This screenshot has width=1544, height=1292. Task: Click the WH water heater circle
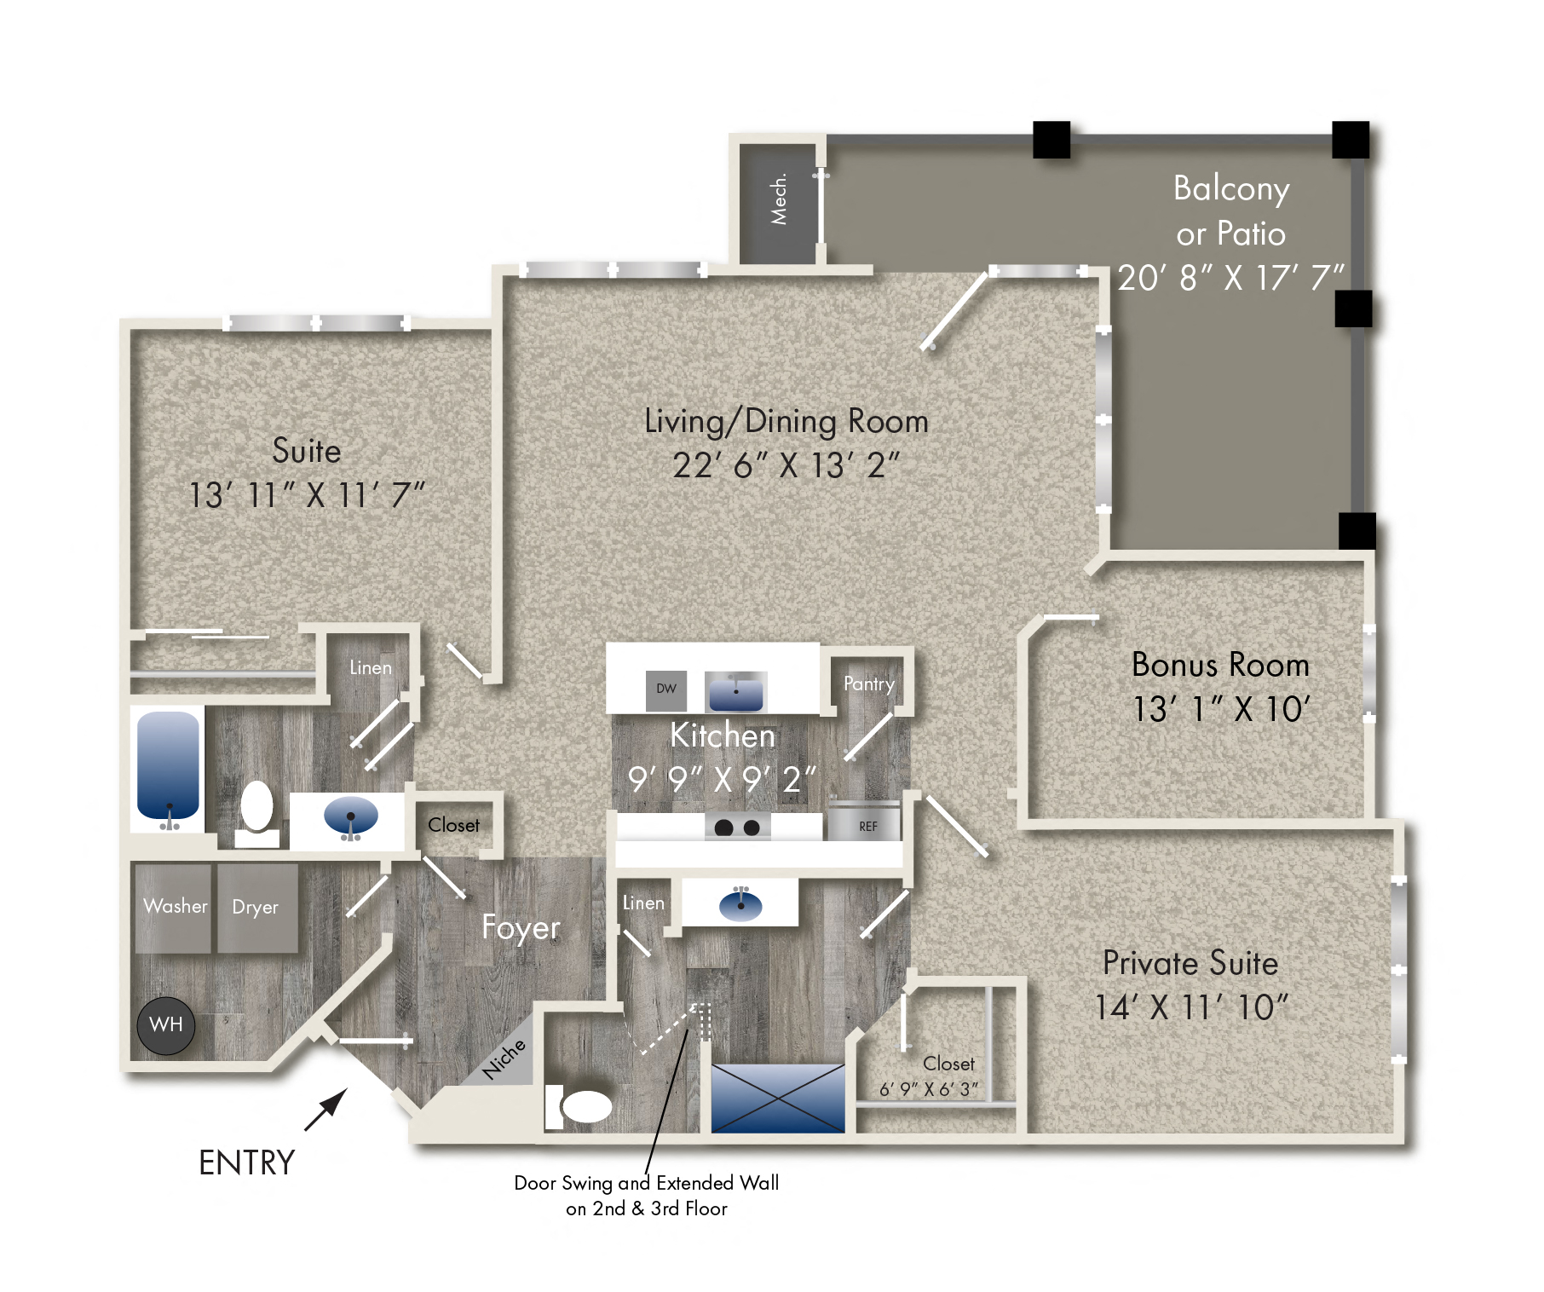click(x=166, y=1025)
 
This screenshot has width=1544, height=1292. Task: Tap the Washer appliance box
click(x=174, y=908)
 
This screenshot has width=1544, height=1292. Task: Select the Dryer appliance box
click(x=256, y=908)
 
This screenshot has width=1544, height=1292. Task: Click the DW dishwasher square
click(x=666, y=689)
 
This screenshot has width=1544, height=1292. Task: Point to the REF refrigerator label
click(x=867, y=827)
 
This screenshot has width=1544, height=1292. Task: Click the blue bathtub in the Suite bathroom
click(x=169, y=764)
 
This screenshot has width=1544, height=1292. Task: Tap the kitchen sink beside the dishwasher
click(x=736, y=691)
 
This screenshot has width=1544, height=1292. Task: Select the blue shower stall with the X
click(x=777, y=1098)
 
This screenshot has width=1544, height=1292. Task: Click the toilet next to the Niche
click(x=584, y=1107)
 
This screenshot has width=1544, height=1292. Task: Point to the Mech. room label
click(x=778, y=200)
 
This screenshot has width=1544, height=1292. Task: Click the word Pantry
click(x=868, y=684)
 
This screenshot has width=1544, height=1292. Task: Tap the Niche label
click(x=504, y=1059)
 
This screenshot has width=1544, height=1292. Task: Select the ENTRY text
click(x=246, y=1163)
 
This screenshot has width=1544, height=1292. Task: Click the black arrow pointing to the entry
click(x=326, y=1110)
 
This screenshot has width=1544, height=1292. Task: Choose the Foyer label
click(x=521, y=928)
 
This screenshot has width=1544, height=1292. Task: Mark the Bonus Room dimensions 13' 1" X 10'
click(x=1220, y=710)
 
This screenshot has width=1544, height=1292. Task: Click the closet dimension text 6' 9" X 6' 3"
click(x=928, y=1090)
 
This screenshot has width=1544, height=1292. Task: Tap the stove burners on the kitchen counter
click(x=737, y=828)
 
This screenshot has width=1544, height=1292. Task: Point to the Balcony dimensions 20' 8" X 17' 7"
click(x=1230, y=278)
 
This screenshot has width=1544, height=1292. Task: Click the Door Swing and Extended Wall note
click(x=646, y=1196)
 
